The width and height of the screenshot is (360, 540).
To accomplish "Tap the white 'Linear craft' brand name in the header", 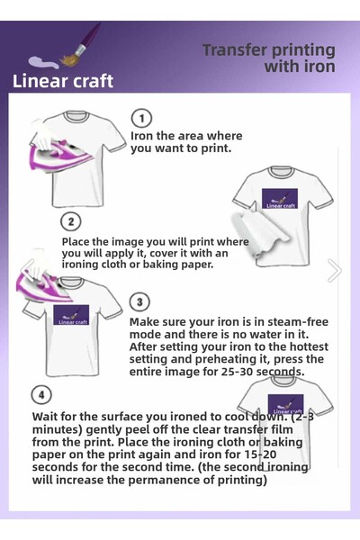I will pyautogui.click(x=63, y=81).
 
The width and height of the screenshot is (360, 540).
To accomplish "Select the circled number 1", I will pyautogui.click(x=141, y=119).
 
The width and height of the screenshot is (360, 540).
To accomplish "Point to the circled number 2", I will pyautogui.click(x=71, y=221).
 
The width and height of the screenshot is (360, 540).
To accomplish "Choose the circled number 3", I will pyautogui.click(x=139, y=302).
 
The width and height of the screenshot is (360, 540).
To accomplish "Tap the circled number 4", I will pyautogui.click(x=41, y=395).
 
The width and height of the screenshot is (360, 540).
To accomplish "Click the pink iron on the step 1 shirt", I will pyautogui.click(x=58, y=144).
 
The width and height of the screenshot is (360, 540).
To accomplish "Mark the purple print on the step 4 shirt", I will pyautogui.click(x=285, y=405).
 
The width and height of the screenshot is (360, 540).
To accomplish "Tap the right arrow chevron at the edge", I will pyautogui.click(x=335, y=270).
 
